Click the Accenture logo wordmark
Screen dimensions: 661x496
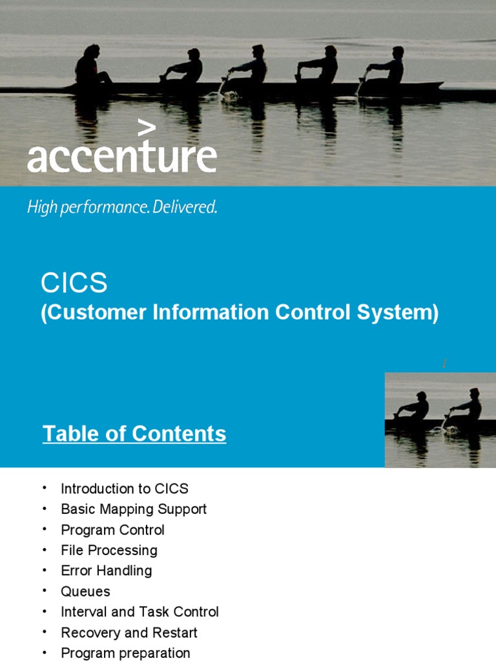(x=121, y=158)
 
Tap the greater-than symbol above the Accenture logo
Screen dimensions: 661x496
(x=147, y=128)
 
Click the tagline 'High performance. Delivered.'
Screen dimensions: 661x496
(x=122, y=208)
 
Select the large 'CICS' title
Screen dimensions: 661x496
(x=74, y=283)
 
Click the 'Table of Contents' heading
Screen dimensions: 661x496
(x=134, y=434)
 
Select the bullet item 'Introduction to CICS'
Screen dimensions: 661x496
(x=125, y=489)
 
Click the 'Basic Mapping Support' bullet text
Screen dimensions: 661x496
(x=134, y=509)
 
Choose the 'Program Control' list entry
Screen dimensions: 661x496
(x=112, y=530)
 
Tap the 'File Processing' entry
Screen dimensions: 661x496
(x=109, y=551)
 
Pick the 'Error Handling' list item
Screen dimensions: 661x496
(x=107, y=571)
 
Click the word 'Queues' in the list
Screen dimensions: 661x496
(x=85, y=591)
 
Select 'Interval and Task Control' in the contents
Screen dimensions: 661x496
(x=139, y=612)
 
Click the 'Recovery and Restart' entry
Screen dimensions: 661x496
(x=129, y=633)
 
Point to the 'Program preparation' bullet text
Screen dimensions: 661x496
(x=125, y=653)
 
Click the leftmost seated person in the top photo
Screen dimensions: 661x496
(x=91, y=66)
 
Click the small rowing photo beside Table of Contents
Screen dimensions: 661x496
(x=440, y=420)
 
